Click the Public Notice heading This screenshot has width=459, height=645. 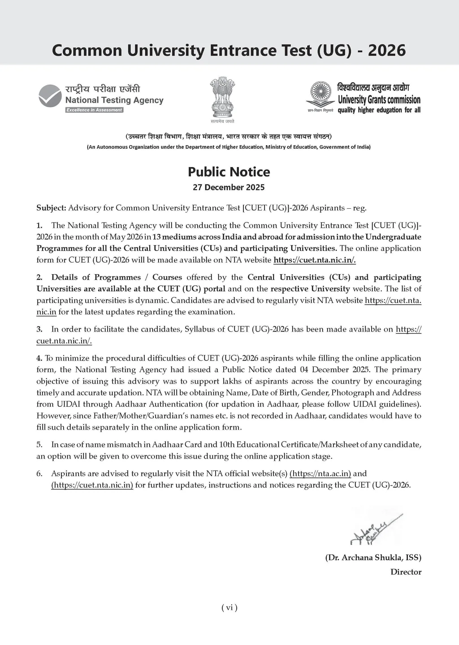(x=229, y=172)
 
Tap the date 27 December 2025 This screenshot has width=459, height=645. (x=229, y=187)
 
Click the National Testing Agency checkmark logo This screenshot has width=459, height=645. (x=50, y=96)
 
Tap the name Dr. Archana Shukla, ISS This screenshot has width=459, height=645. (x=373, y=558)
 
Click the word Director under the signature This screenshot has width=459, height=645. (x=406, y=572)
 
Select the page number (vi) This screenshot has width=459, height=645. (x=229, y=608)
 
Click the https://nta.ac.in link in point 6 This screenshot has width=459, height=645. (x=320, y=473)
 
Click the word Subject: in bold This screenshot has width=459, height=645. (x=51, y=208)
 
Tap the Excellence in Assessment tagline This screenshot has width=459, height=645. (x=94, y=110)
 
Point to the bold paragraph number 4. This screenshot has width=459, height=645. (x=39, y=358)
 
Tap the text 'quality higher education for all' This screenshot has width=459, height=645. (x=379, y=110)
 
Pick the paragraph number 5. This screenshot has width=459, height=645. (x=39, y=445)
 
